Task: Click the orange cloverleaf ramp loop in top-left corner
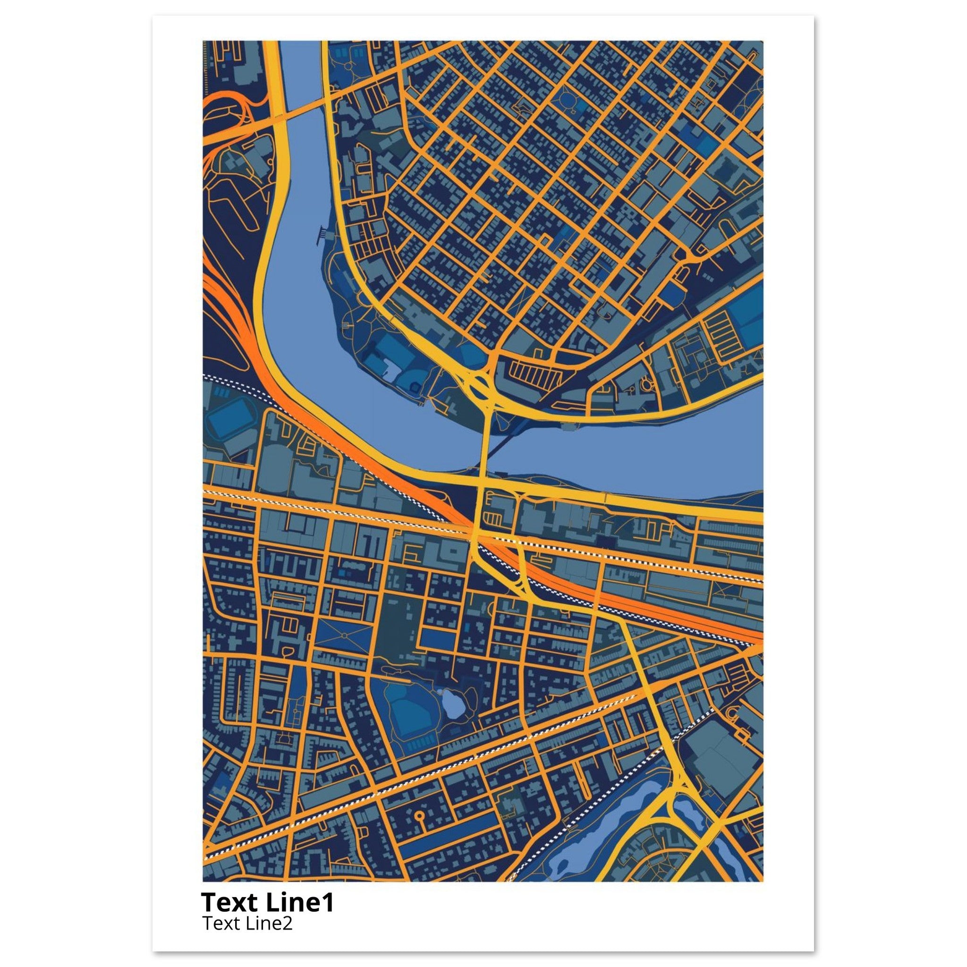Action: coord(225,113)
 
